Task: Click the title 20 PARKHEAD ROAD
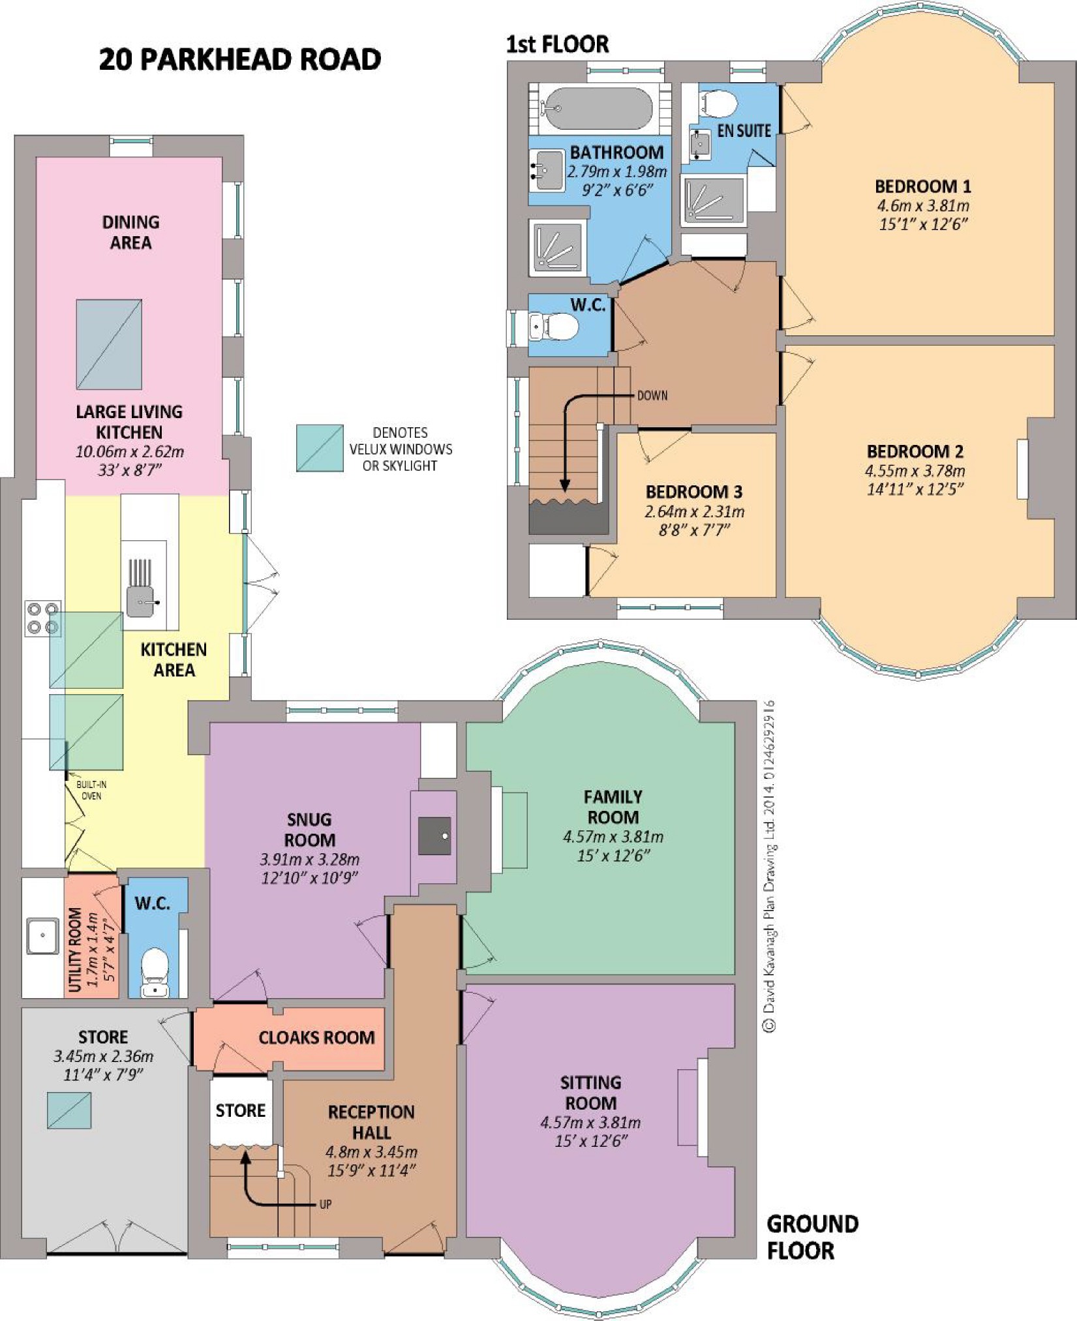240,59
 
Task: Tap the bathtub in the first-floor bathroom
598,108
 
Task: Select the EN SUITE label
744,131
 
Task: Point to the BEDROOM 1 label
922,187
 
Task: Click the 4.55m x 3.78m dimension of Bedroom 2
915,471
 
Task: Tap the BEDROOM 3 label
694,492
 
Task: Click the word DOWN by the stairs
652,395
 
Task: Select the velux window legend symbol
320,448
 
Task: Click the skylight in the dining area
109,344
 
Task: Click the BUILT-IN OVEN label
91,790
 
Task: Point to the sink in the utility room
43,936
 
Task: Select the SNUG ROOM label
310,830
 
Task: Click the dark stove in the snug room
434,836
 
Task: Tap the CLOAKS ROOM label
317,1038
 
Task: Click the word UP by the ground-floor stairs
326,1204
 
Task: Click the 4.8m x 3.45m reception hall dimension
372,1152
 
